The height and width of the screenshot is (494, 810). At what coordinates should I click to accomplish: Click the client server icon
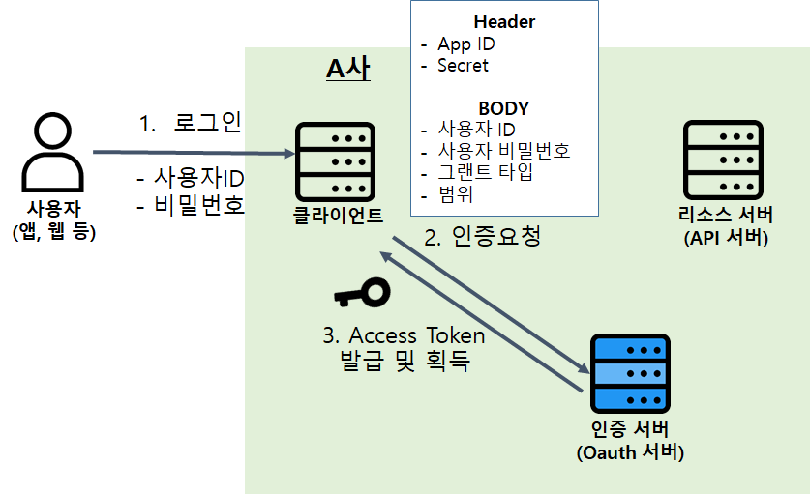tap(335, 160)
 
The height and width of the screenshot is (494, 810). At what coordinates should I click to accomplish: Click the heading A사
tap(347, 69)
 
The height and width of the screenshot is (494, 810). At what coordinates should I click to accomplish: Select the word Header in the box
tap(504, 21)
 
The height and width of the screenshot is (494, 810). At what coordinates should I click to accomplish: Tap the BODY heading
tap(503, 108)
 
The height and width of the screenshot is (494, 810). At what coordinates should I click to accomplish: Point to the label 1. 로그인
tap(190, 124)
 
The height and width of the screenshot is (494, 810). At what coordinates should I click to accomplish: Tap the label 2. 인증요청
tap(482, 237)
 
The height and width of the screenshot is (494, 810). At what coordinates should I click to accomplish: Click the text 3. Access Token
tap(404, 335)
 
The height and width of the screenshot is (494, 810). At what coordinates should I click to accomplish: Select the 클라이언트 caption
tap(338, 215)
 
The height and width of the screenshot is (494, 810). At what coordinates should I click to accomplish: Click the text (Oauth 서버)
tap(629, 451)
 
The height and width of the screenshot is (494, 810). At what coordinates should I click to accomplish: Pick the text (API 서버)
tap(725, 237)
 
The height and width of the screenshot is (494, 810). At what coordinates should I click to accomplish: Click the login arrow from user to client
tap(194, 153)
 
